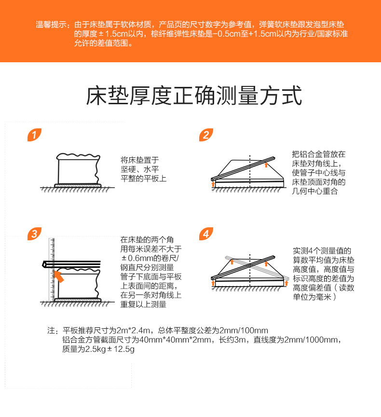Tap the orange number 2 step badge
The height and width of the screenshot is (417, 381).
pyautogui.click(x=206, y=135)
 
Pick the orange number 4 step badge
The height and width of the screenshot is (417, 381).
pyautogui.click(x=206, y=235)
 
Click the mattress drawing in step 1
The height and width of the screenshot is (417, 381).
pyautogui.click(x=78, y=169)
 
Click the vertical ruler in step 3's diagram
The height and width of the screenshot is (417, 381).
pyautogui.click(x=51, y=270)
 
